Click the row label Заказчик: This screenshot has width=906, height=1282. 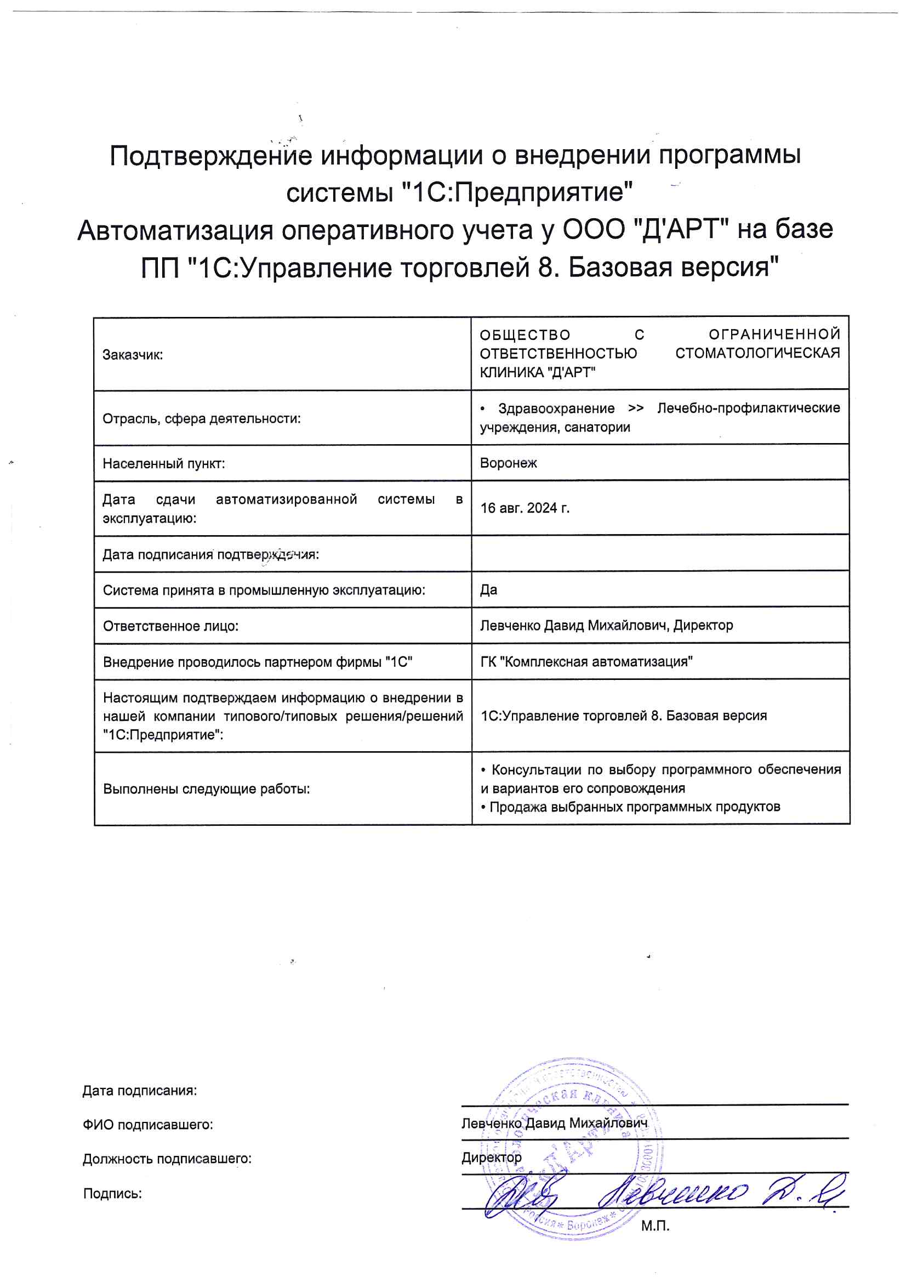click(132, 355)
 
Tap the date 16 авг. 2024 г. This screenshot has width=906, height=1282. click(525, 508)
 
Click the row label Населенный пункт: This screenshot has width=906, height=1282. click(163, 463)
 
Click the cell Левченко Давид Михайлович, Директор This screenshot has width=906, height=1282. click(606, 625)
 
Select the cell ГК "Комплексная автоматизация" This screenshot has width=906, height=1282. click(586, 662)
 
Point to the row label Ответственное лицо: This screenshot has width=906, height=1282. click(170, 626)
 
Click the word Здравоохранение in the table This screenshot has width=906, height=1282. click(556, 409)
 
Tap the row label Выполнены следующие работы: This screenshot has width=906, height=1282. click(206, 789)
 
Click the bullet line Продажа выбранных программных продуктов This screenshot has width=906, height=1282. click(634, 807)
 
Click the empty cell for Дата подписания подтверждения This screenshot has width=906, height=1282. click(660, 553)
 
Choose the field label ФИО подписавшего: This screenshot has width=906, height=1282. click(148, 1125)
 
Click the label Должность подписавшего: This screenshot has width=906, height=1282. click(167, 1159)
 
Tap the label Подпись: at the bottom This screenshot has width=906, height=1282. click(112, 1194)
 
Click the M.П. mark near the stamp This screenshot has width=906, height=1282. click(655, 1226)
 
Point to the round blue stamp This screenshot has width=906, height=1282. click(572, 1150)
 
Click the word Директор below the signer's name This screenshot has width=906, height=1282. click(491, 1158)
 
